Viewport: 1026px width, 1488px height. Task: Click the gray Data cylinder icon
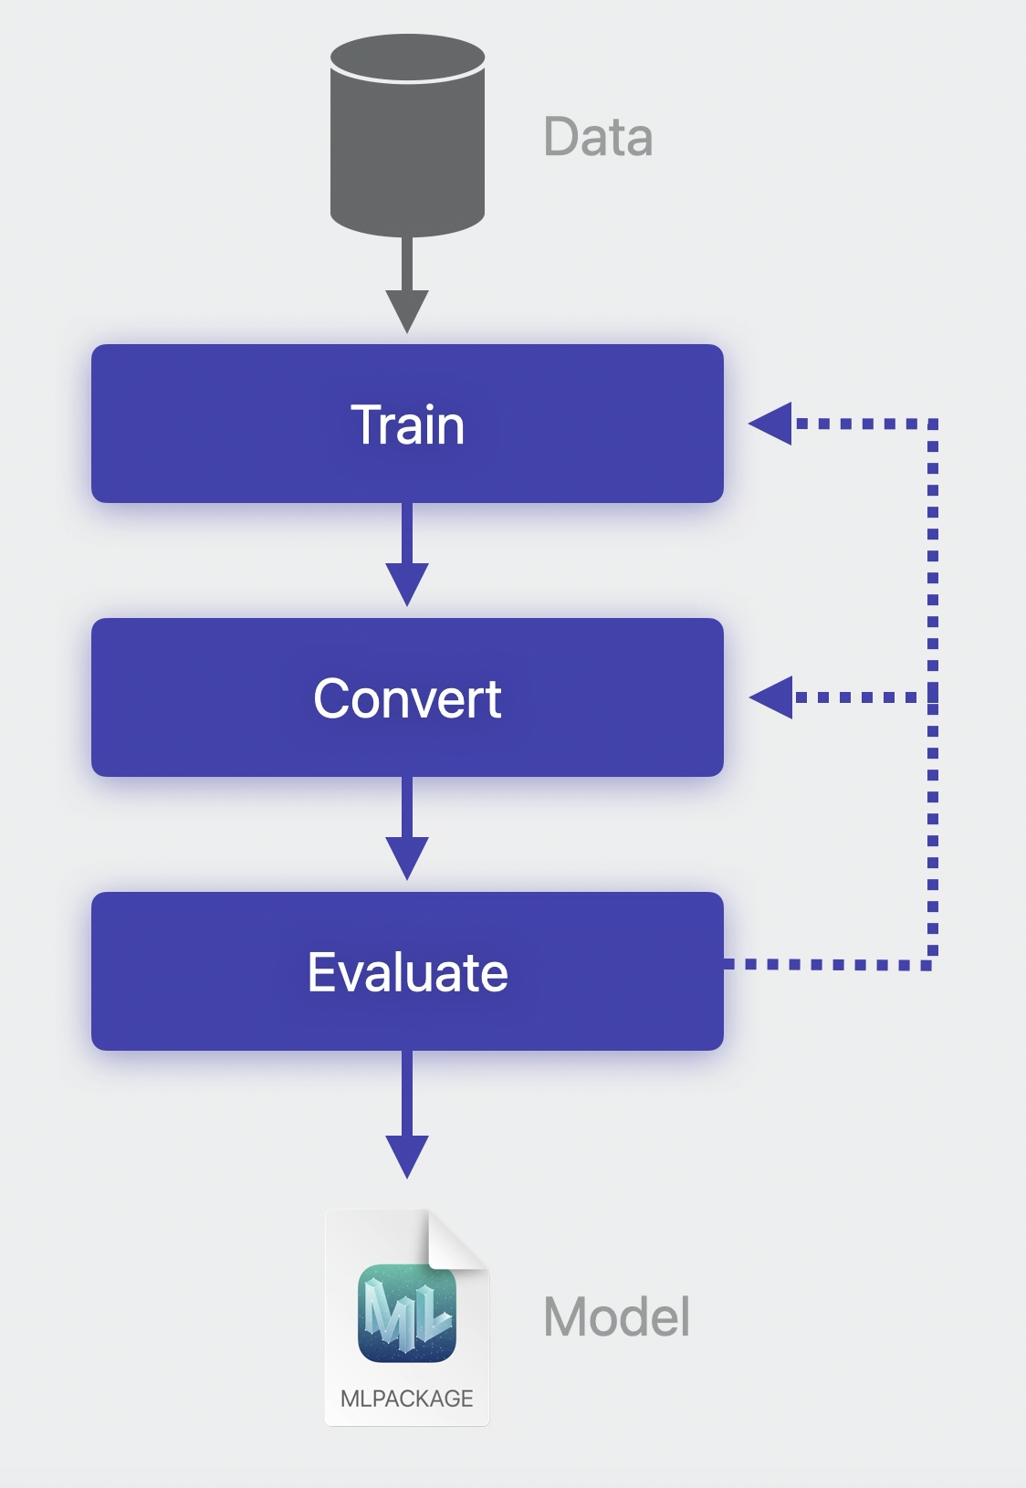[407, 146]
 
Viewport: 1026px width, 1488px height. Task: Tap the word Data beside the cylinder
[598, 138]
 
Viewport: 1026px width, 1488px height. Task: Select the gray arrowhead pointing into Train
[407, 310]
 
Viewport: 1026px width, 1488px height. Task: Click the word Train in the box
[407, 424]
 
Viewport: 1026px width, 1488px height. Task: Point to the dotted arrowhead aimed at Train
[770, 424]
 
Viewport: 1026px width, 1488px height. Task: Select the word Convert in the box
[407, 698]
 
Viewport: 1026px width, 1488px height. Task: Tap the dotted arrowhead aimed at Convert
[771, 697]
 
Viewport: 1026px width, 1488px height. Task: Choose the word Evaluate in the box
[407, 972]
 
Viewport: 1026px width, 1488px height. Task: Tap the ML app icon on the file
[407, 1314]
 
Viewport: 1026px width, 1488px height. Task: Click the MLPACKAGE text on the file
[407, 1399]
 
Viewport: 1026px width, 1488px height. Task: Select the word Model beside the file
[617, 1316]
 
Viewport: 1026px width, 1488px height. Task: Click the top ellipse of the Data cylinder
[407, 59]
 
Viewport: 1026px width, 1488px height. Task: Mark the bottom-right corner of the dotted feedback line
[932, 964]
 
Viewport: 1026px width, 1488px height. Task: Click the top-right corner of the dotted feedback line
[932, 424]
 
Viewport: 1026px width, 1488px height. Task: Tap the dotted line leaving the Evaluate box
[822, 964]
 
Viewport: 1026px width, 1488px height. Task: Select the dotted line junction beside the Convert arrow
[932, 697]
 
